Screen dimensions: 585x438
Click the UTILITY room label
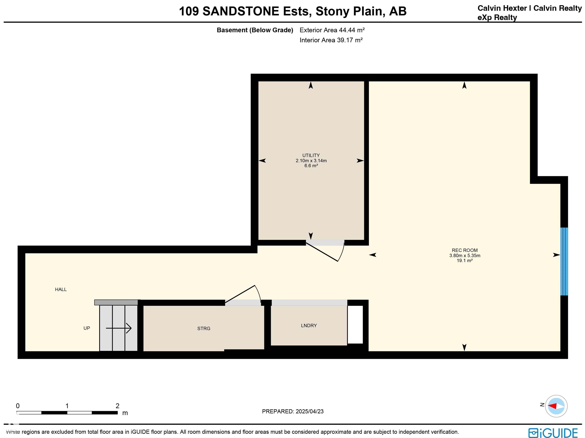pyautogui.click(x=311, y=155)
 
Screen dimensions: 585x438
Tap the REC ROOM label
pyautogui.click(x=465, y=250)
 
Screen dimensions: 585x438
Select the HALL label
pyautogui.click(x=61, y=289)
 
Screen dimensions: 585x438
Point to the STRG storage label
pyautogui.click(x=204, y=328)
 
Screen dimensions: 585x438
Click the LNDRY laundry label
pyautogui.click(x=309, y=326)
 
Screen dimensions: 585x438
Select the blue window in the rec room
pyautogui.click(x=564, y=261)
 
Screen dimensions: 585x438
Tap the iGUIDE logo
pyautogui.click(x=553, y=433)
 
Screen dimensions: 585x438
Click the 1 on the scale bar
pyautogui.click(x=67, y=406)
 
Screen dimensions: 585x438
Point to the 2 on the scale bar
pyautogui.click(x=117, y=406)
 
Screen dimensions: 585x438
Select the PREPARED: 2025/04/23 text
pyautogui.click(x=293, y=411)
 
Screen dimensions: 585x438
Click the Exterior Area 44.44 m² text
pyautogui.click(x=332, y=30)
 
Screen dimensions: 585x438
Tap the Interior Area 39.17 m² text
pyautogui.click(x=331, y=40)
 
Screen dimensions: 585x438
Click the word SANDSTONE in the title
pyautogui.click(x=241, y=11)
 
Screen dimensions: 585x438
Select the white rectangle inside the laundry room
pyautogui.click(x=355, y=325)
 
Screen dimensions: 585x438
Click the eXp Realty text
pyautogui.click(x=497, y=18)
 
